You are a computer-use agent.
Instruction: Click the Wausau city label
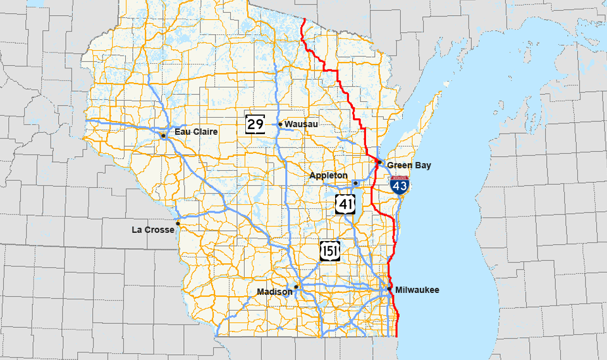pyautogui.click(x=301, y=124)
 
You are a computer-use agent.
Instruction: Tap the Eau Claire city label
pyautogui.click(x=196, y=132)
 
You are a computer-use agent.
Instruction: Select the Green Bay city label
pyautogui.click(x=409, y=165)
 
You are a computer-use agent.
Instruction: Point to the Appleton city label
pyautogui.click(x=328, y=175)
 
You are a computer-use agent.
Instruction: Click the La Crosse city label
pyautogui.click(x=152, y=230)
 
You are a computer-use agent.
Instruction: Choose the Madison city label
pyautogui.click(x=274, y=292)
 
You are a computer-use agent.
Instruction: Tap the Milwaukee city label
pyautogui.click(x=417, y=290)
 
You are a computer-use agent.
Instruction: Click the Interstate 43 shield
pyautogui.click(x=399, y=185)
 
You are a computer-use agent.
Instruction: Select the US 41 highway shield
pyautogui.click(x=345, y=204)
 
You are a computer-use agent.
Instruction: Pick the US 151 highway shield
pyautogui.click(x=329, y=251)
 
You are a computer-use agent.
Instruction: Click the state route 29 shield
pyautogui.click(x=255, y=123)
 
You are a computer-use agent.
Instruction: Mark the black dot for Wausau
pyautogui.click(x=280, y=124)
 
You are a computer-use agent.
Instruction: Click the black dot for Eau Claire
pyautogui.click(x=163, y=135)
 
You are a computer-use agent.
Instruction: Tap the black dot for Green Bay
pyautogui.click(x=379, y=161)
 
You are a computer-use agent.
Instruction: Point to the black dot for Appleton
pyautogui.click(x=355, y=183)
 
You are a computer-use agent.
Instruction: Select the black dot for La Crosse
pyautogui.click(x=178, y=223)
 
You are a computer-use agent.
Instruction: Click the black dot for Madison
pyautogui.click(x=296, y=287)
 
